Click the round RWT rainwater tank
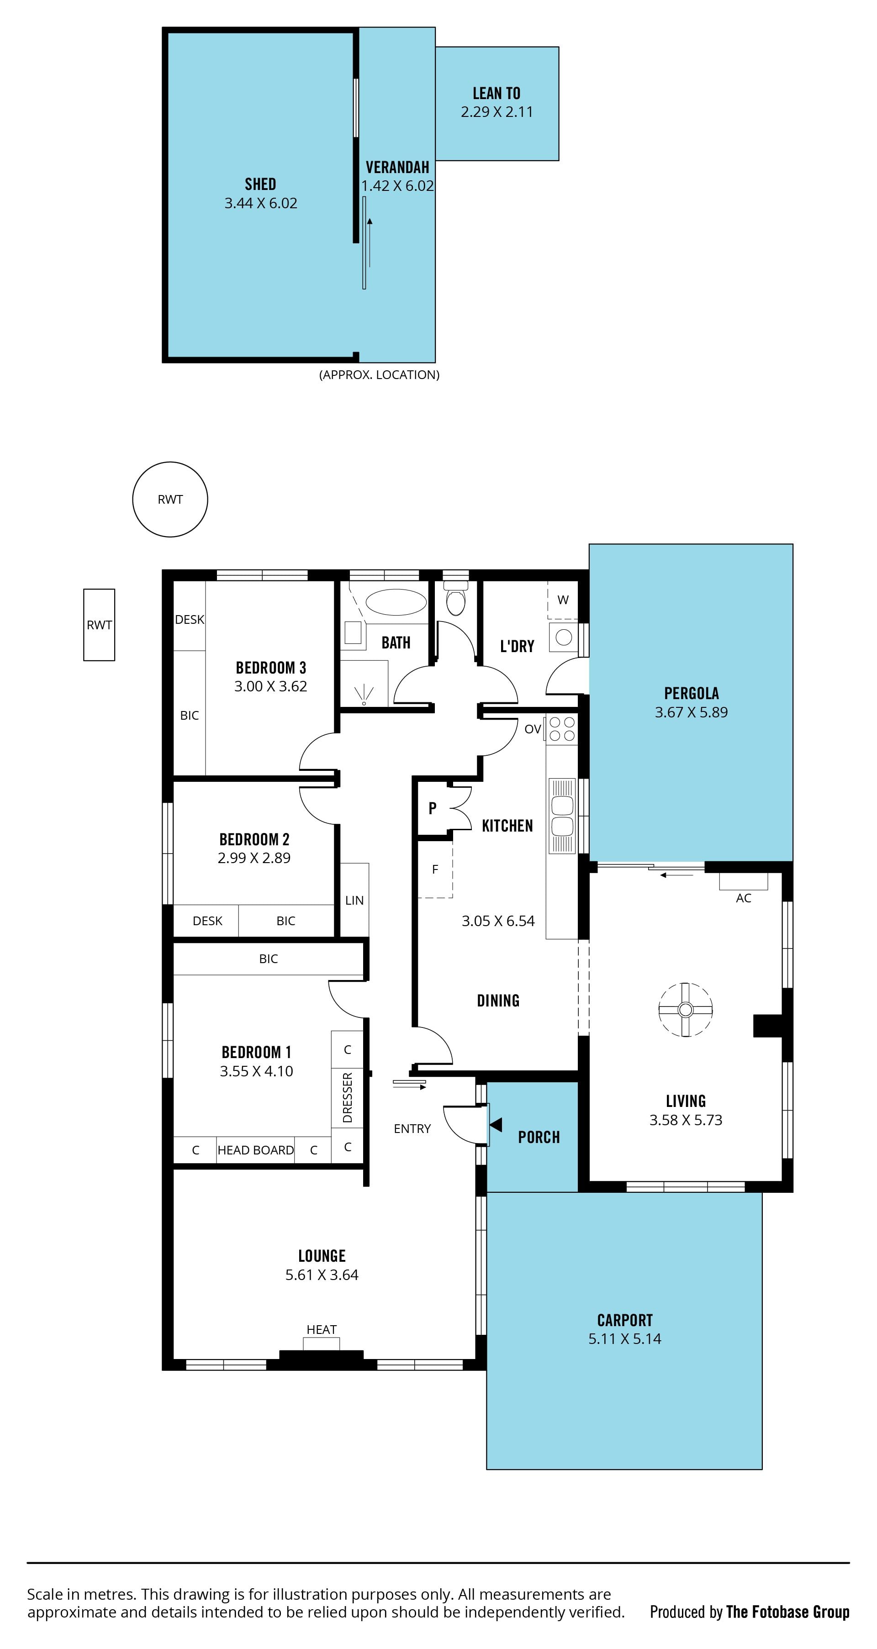tap(170, 499)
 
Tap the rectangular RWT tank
tap(99, 625)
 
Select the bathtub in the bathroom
tap(396, 602)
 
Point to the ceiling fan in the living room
tap(686, 1010)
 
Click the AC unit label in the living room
tap(743, 898)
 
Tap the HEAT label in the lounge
tap(322, 1330)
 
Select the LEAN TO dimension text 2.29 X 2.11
tap(497, 112)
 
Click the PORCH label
tap(539, 1137)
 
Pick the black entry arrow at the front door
tap(496, 1125)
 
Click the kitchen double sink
tap(562, 816)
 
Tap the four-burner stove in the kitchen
tap(562, 728)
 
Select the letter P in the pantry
tap(433, 808)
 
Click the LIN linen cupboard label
tap(354, 900)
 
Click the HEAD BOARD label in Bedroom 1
tap(255, 1150)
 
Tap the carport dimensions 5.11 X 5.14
tap(625, 1338)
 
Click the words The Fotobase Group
tap(787, 1612)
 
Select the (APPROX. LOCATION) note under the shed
tap(379, 374)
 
